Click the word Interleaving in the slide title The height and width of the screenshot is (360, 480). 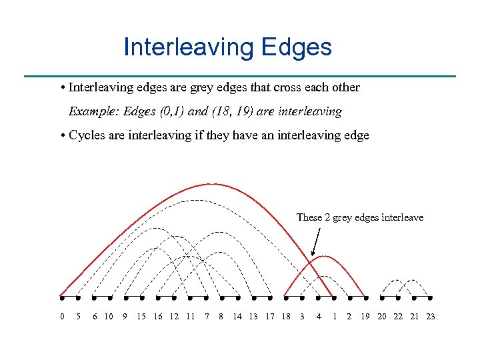pos(187,47)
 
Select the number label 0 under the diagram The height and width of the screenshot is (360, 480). pos(62,316)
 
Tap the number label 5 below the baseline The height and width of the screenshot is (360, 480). pos(78,316)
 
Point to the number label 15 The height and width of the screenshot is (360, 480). pos(141,316)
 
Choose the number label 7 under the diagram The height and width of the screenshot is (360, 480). pos(207,316)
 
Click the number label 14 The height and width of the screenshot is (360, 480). pos(237,316)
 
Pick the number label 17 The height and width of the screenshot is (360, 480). pos(270,316)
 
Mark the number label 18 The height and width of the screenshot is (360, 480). pos(286,316)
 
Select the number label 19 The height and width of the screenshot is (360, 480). pos(365,316)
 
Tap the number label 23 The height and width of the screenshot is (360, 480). pos(430,316)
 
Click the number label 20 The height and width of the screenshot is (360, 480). pos(382,316)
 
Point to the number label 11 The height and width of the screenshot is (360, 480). pos(190,316)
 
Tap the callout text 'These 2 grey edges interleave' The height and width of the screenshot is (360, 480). pos(359,217)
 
